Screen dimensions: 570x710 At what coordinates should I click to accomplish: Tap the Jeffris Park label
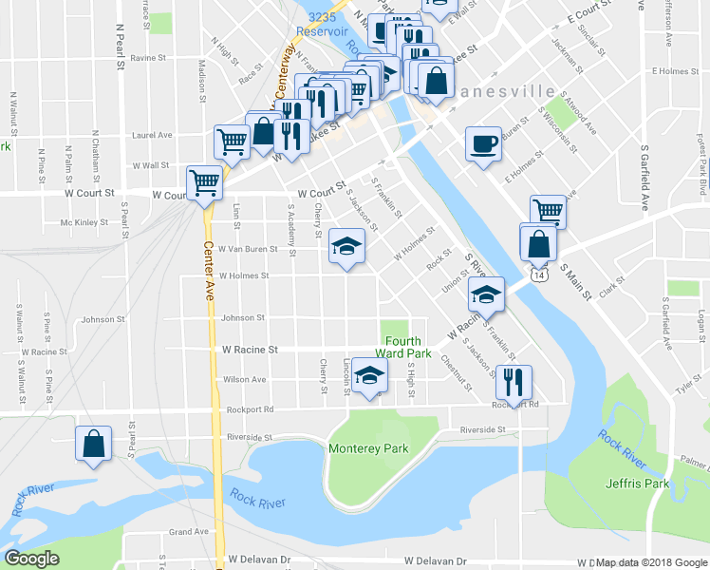tap(637, 484)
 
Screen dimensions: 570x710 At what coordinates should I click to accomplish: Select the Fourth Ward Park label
tap(408, 348)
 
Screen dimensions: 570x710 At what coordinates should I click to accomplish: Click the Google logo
tap(32, 560)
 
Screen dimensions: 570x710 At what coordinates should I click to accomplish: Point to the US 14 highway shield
tap(538, 275)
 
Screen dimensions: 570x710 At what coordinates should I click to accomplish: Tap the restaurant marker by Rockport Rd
tap(514, 382)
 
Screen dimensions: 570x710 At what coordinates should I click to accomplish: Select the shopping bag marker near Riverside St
tap(94, 444)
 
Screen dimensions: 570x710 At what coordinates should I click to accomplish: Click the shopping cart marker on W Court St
tap(204, 181)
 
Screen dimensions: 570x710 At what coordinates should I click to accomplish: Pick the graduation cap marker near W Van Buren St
tap(347, 247)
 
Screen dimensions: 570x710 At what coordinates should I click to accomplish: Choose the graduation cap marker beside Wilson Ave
tap(369, 375)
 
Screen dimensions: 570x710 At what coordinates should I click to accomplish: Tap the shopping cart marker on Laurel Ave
tap(232, 142)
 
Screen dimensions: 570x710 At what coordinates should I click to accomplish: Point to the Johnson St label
tap(244, 318)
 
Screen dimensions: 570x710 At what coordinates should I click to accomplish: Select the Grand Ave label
tap(188, 532)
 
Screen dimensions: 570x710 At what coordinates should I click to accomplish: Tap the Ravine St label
tap(149, 58)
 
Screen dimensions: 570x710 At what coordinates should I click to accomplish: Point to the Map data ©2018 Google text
tap(651, 562)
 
